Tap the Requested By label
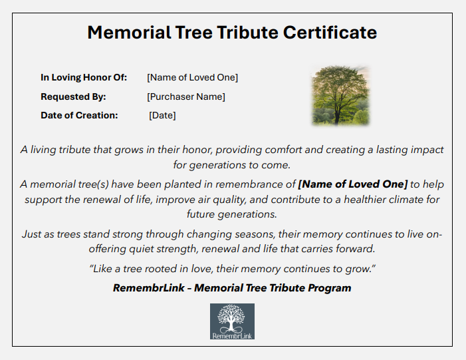[73, 96]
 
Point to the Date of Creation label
[79, 115]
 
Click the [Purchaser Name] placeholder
[186, 96]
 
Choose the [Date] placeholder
[162, 115]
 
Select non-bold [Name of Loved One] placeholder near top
[192, 78]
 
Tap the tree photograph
[340, 95]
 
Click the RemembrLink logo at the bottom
[232, 321]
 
